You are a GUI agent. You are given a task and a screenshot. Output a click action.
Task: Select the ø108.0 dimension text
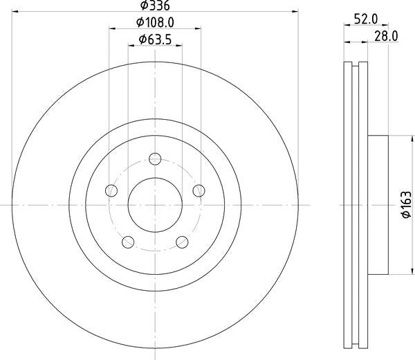pyautogui.click(x=156, y=23)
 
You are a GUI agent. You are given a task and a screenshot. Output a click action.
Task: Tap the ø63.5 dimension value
pyautogui.click(x=155, y=39)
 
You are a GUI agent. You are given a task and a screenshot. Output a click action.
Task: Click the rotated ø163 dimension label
pyautogui.click(x=406, y=206)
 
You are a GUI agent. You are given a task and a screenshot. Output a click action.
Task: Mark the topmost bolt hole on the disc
pyautogui.click(x=155, y=159)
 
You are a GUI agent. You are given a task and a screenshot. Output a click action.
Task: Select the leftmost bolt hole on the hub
pyautogui.click(x=110, y=190)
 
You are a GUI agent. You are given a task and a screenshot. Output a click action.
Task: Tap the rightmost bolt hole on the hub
pyautogui.click(x=200, y=190)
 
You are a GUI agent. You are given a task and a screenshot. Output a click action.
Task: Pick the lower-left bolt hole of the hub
pyautogui.click(x=127, y=242)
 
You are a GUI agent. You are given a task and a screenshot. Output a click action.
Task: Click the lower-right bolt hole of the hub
pyautogui.click(x=183, y=242)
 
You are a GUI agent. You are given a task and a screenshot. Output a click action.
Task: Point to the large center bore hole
pyautogui.click(x=155, y=206)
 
